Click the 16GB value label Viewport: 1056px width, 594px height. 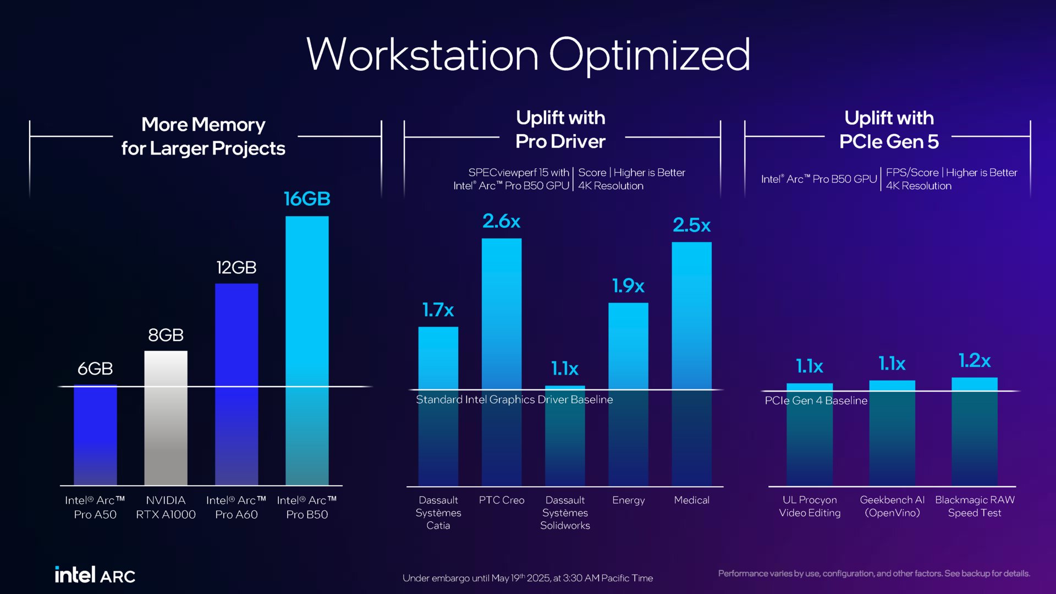point(307,199)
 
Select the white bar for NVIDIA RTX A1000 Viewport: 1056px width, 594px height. point(166,418)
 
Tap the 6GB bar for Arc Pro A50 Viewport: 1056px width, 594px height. point(95,435)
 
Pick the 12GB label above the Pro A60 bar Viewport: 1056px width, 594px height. point(236,268)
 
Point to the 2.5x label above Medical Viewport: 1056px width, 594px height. point(691,225)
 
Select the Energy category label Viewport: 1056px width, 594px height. point(628,501)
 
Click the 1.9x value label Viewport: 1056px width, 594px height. point(628,286)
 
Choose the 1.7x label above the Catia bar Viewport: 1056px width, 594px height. point(438,310)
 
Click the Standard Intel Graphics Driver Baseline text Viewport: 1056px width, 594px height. point(514,400)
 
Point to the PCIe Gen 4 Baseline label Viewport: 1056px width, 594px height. point(816,401)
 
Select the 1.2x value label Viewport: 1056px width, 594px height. point(974,361)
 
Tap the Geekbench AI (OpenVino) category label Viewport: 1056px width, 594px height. point(892,507)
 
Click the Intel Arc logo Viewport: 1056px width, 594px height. point(95,575)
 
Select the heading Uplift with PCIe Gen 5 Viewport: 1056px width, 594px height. point(889,130)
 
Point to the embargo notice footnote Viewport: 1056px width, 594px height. point(527,578)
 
